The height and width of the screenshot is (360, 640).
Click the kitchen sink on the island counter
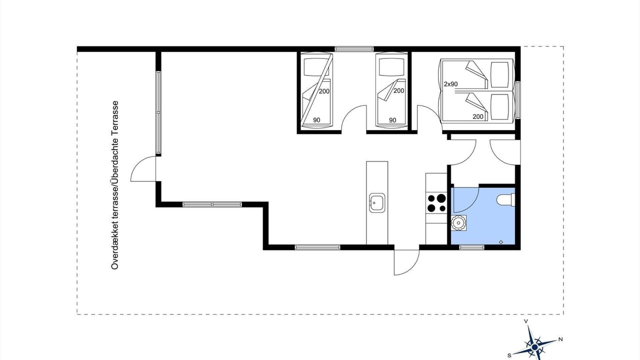tap(377, 203)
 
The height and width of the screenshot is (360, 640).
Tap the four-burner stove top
tap(436, 203)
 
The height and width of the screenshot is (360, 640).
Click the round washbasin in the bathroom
tap(458, 223)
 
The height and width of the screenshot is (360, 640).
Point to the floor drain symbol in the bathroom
tap(501, 242)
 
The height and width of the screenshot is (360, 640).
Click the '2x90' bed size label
tap(450, 84)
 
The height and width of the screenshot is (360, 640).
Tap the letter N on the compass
tap(560, 339)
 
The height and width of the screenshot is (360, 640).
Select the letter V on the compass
tap(525, 321)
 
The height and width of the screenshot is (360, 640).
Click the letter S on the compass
tap(509, 355)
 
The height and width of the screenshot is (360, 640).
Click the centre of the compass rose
tap(534, 347)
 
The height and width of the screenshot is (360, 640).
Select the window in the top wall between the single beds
tap(354, 49)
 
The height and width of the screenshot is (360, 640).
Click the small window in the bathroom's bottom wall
tap(471, 247)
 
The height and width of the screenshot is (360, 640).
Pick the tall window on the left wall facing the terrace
tap(158, 112)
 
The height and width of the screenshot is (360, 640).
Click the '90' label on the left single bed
tap(316, 120)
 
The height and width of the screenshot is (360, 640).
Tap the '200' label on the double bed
tap(478, 116)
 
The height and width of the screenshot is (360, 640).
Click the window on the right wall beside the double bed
tap(517, 100)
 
